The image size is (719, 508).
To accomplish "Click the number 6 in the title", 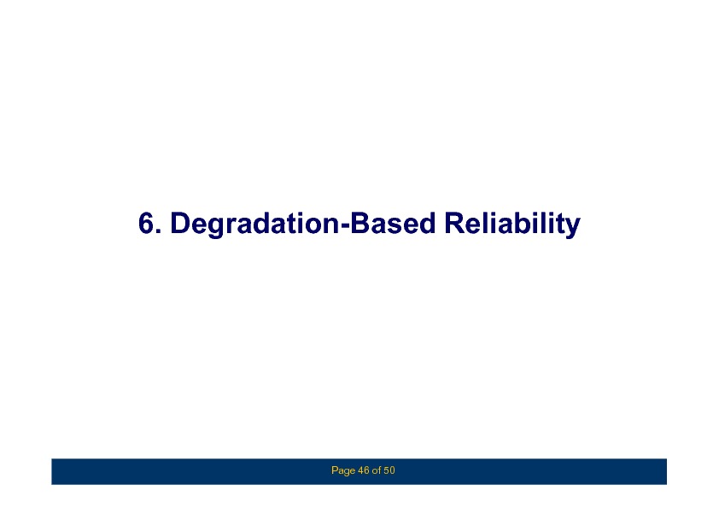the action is coord(146,224).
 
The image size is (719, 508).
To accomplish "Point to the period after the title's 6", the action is coord(159,231).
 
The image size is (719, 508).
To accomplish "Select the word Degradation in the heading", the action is coord(254,225).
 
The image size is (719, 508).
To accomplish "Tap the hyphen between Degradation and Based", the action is coord(345,226).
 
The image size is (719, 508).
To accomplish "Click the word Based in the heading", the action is coord(393,224).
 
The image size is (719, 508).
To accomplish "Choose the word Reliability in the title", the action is coord(512,225).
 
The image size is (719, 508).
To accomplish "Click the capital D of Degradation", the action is coord(180,224).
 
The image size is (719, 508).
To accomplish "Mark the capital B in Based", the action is coord(360,224).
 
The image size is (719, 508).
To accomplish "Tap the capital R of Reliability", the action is coord(455,224).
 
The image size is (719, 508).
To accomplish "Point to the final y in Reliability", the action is coord(573,228).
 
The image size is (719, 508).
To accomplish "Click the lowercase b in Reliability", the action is coord(520,224).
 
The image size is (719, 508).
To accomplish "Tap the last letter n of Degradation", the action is coord(331,226).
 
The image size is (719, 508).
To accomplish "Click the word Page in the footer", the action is coord(343,470).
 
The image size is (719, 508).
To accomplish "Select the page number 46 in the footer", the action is coord(363,470).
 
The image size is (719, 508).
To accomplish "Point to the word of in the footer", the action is coord(377,470).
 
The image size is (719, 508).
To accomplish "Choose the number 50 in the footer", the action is coord(389,470).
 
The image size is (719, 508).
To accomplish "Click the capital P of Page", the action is coord(334,470).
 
